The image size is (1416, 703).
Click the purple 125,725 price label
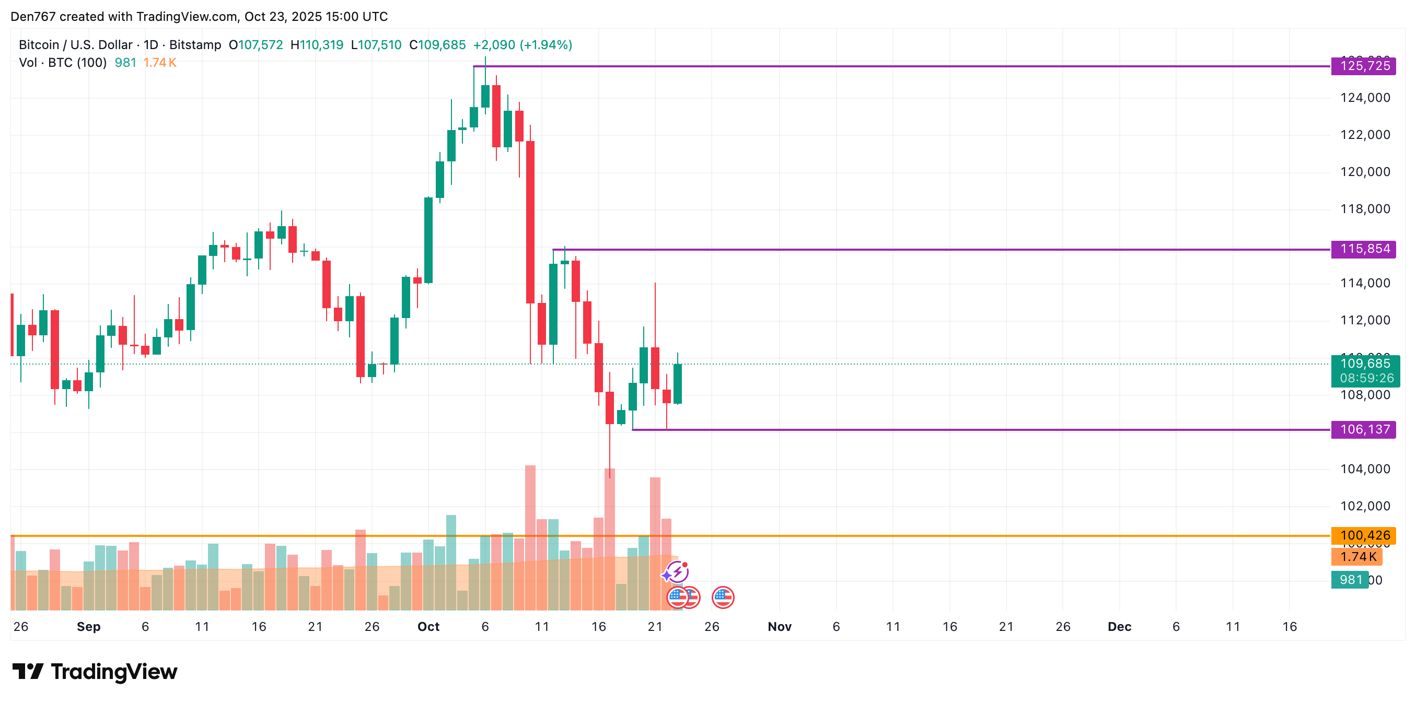point(1364,66)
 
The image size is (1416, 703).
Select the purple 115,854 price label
point(1364,249)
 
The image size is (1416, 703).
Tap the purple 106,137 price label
point(1364,429)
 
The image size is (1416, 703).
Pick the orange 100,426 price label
point(1364,535)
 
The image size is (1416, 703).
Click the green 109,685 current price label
point(1365,364)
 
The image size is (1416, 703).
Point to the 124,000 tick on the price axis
point(1365,98)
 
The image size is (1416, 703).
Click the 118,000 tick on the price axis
point(1365,209)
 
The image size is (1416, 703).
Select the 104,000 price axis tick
point(1365,469)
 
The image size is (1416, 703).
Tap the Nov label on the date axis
point(780,627)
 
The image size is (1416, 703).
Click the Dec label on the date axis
point(1119,627)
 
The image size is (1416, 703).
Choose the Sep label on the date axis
point(88,627)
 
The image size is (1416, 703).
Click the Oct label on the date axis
point(428,627)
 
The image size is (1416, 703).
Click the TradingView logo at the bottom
point(95,672)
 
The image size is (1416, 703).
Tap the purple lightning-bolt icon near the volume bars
point(677,571)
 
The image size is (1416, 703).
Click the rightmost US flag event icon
point(723,597)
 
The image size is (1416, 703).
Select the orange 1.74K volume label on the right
point(1357,557)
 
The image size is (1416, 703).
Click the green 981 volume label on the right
point(1350,580)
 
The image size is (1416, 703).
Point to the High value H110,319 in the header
point(317,45)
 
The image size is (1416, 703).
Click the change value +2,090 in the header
point(494,45)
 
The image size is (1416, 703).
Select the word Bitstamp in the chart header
point(195,45)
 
